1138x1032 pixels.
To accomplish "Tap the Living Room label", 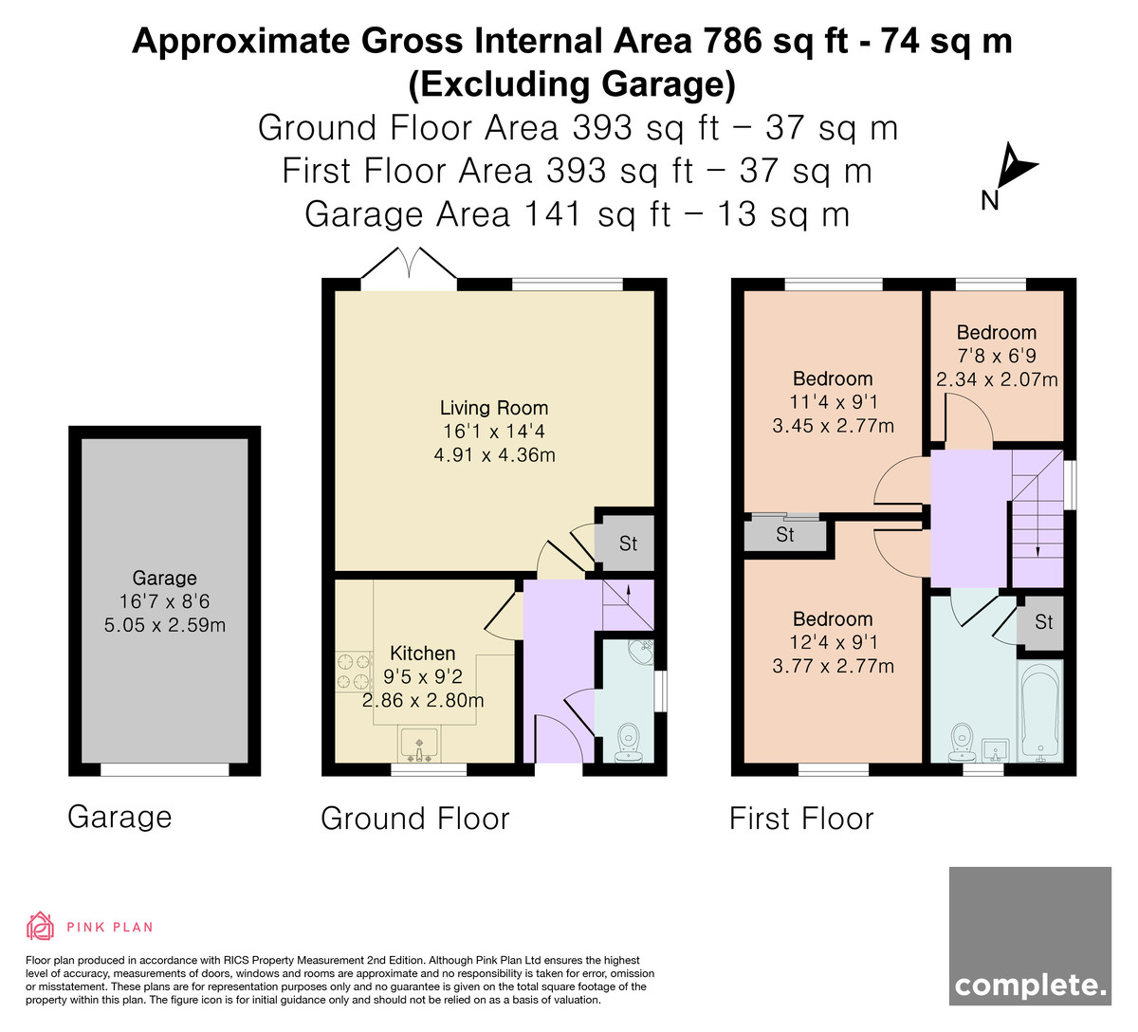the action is click(494, 408).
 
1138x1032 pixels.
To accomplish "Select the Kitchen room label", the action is click(423, 654).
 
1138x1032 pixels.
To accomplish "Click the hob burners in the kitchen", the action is click(354, 673).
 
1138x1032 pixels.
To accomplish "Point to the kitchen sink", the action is click(418, 745).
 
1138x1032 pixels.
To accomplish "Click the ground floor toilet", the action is click(628, 742).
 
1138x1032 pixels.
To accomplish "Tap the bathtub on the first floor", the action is click(1040, 710).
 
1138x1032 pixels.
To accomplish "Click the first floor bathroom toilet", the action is click(961, 742).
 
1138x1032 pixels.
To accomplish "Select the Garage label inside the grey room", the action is click(164, 578).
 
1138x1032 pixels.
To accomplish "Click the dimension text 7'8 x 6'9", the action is click(997, 356).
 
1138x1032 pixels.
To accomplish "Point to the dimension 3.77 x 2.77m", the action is click(833, 665).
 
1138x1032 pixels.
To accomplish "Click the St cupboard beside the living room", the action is click(628, 544).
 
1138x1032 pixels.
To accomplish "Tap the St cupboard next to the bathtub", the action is click(1044, 622).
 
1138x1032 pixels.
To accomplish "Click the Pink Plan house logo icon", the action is click(40, 926).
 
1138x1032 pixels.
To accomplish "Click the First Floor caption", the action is click(801, 819).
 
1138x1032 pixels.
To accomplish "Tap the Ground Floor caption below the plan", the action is click(415, 819).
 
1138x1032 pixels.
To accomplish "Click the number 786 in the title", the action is click(732, 42).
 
